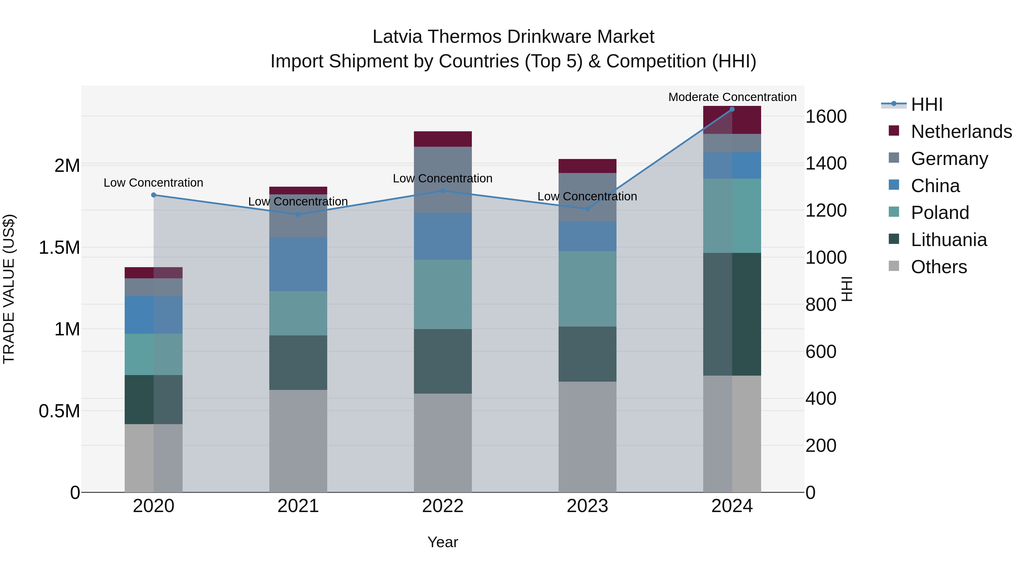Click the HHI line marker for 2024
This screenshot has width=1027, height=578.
point(732,109)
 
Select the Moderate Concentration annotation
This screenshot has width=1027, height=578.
point(732,97)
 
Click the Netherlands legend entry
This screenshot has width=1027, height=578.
point(961,132)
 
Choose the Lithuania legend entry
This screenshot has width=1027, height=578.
point(949,240)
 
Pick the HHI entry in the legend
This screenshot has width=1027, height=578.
point(927,104)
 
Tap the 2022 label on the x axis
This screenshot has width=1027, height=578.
point(442,506)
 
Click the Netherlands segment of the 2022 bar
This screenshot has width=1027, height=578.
point(442,139)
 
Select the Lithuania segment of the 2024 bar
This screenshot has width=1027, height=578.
point(732,314)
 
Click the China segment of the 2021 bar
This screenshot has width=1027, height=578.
point(298,264)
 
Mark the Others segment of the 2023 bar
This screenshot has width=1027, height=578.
point(587,437)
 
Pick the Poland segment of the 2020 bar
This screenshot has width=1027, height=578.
point(153,354)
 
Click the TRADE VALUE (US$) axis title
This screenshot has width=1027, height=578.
point(9,289)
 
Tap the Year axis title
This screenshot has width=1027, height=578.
point(442,542)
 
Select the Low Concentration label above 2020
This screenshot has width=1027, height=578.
point(153,183)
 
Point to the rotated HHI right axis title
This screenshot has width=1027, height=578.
point(846,289)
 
